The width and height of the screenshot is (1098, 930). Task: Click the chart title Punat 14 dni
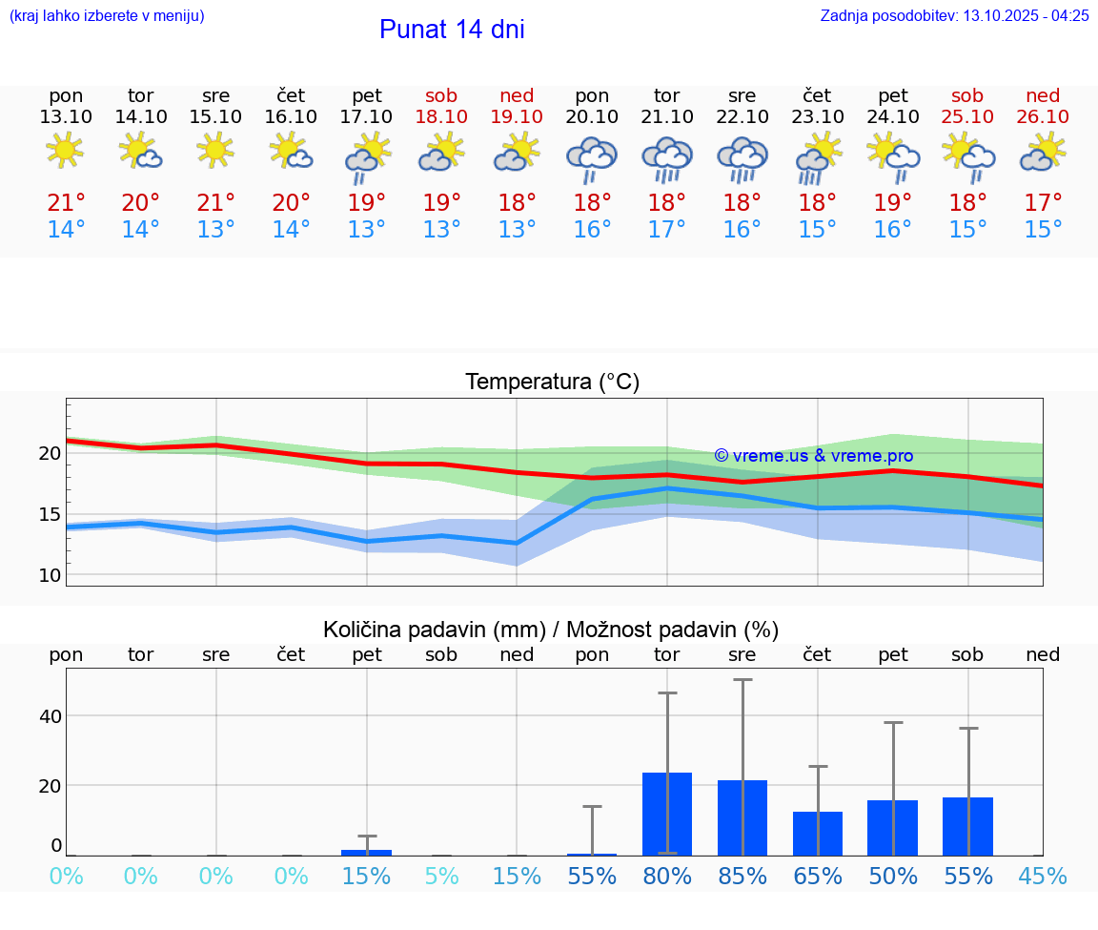click(x=452, y=30)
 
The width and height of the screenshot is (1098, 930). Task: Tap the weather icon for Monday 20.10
click(x=592, y=157)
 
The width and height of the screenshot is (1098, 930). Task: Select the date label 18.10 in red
click(x=441, y=116)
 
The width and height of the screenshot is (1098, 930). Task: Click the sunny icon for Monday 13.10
click(x=65, y=150)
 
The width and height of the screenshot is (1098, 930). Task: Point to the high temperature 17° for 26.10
click(x=1043, y=202)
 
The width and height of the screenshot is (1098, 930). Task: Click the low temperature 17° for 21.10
click(x=667, y=229)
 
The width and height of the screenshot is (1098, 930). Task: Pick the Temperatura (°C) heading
click(x=552, y=382)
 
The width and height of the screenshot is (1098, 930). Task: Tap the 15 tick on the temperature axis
click(x=49, y=514)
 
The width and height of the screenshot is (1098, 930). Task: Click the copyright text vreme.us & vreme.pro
click(x=813, y=456)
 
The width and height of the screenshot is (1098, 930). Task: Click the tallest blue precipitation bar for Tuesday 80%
click(x=667, y=814)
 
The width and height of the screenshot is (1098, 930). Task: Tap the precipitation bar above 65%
click(x=818, y=833)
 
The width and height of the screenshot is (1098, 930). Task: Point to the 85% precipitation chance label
click(x=742, y=876)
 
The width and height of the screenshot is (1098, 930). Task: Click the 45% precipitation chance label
click(x=1043, y=876)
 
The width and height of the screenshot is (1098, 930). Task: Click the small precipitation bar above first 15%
click(x=367, y=852)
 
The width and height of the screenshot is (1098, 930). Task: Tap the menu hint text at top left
click(x=107, y=15)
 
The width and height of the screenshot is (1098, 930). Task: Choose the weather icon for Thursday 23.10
click(x=818, y=157)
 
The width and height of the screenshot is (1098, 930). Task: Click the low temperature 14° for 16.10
click(x=291, y=229)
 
